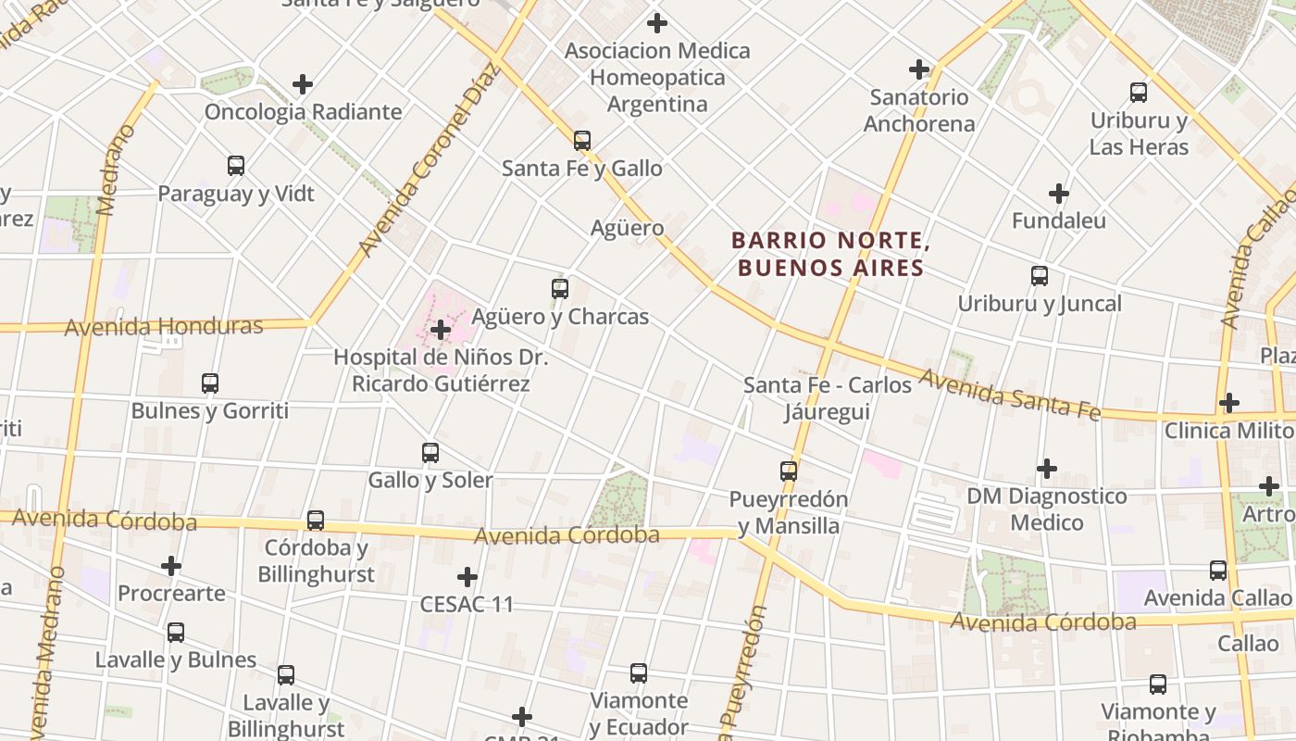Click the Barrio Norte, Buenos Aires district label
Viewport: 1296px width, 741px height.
click(x=830, y=255)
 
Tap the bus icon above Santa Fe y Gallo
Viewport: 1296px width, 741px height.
click(x=581, y=141)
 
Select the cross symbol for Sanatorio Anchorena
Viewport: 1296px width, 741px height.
click(x=918, y=69)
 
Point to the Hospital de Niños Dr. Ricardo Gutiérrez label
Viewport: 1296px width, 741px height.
click(x=441, y=370)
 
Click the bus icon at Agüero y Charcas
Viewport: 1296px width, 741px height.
click(x=560, y=289)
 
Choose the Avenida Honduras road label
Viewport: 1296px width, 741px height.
click(x=163, y=326)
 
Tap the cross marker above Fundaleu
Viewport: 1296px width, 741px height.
click(x=1058, y=194)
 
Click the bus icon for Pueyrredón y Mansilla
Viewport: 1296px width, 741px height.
click(x=788, y=471)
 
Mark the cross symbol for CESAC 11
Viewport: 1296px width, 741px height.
click(x=467, y=577)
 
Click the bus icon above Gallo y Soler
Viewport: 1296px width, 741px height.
click(x=430, y=453)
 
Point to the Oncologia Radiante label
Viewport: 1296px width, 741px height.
click(x=303, y=112)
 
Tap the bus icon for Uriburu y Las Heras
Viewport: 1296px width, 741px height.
click(x=1139, y=93)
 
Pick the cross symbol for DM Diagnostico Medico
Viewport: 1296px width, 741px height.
click(x=1046, y=469)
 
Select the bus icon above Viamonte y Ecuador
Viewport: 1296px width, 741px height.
click(x=638, y=673)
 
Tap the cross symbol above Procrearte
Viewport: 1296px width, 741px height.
click(x=171, y=565)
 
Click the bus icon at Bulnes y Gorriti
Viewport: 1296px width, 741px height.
click(x=210, y=383)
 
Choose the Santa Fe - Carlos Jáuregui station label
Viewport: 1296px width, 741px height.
click(x=828, y=397)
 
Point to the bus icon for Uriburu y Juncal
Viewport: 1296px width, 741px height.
click(x=1040, y=276)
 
